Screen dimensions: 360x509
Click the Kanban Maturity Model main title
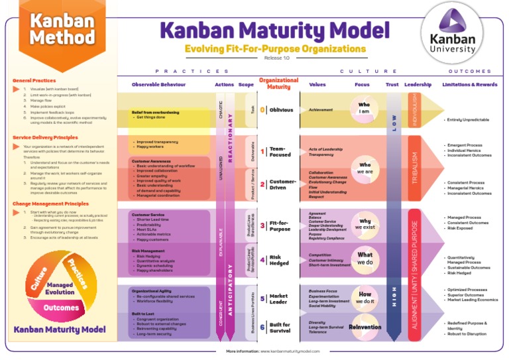(274, 30)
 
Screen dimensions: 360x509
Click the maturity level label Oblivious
(281, 110)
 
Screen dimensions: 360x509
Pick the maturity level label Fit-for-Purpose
(280, 226)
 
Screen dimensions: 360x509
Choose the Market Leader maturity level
(278, 299)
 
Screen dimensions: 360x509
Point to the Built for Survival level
(280, 328)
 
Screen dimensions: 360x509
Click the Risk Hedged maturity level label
(275, 260)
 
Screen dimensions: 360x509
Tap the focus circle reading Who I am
(364, 108)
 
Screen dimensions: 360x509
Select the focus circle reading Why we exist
(365, 224)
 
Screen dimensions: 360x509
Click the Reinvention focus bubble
(365, 327)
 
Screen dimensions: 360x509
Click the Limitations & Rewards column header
(469, 85)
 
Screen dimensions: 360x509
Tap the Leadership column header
(418, 85)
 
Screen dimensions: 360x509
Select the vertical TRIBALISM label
(415, 167)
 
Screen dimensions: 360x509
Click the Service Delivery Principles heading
(44, 137)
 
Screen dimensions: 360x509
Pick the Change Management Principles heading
(50, 204)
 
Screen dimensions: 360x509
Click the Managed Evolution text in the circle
(61, 288)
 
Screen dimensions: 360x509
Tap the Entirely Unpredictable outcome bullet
(468, 120)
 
